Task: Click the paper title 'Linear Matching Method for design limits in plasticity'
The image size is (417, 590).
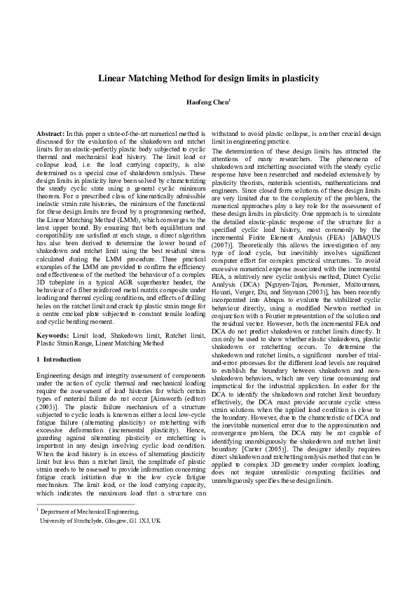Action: coord(208,78)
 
